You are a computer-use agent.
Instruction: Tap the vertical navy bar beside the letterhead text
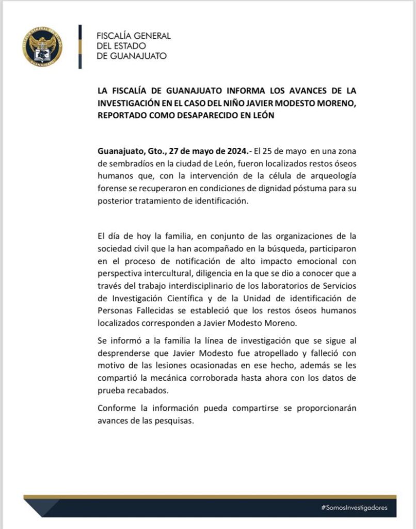(79, 46)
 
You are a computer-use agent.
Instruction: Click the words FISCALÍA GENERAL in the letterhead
(134, 36)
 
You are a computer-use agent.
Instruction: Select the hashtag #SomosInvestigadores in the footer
(354, 508)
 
